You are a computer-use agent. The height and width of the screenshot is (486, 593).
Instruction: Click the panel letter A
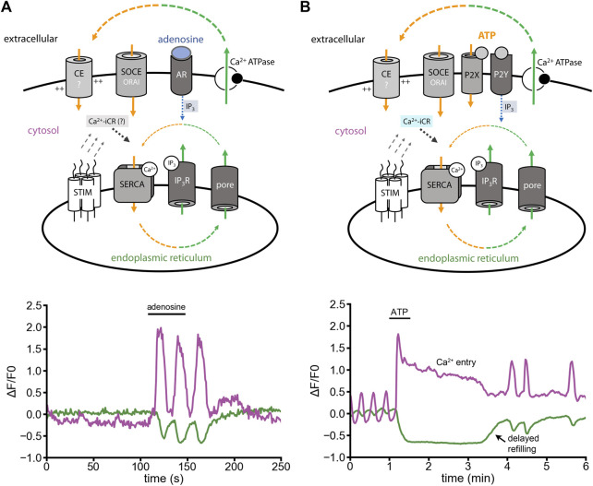(7, 8)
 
